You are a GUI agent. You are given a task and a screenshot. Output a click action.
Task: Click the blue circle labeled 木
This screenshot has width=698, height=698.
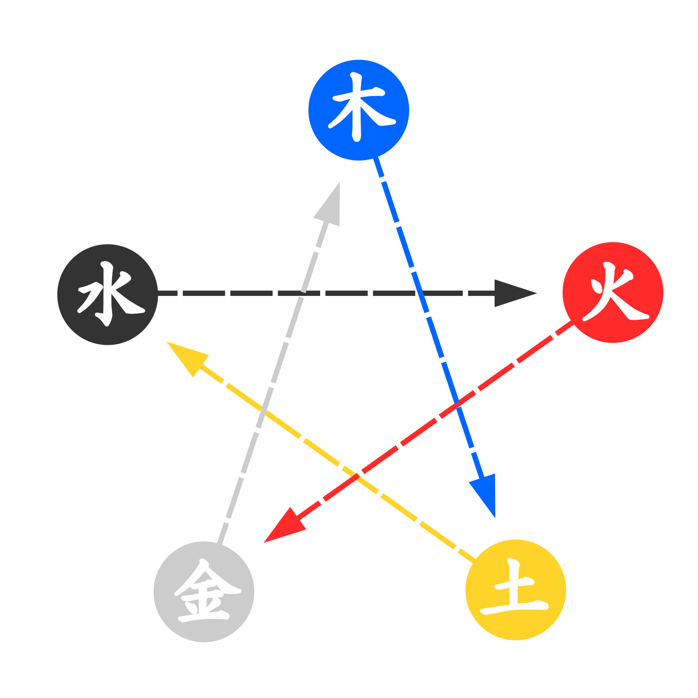(x=359, y=110)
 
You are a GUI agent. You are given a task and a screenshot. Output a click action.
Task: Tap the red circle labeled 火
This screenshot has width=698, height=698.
(x=613, y=293)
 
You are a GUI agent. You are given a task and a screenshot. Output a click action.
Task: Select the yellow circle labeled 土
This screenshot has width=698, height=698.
(x=516, y=590)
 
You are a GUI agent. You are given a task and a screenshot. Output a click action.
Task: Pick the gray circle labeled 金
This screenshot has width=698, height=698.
(x=204, y=592)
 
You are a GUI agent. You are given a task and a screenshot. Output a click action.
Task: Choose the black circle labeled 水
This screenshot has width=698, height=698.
(x=107, y=295)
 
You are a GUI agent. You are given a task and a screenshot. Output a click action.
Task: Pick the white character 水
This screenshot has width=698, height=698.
(x=111, y=294)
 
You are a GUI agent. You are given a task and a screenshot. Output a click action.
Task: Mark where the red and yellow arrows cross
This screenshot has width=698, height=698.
(x=357, y=476)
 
